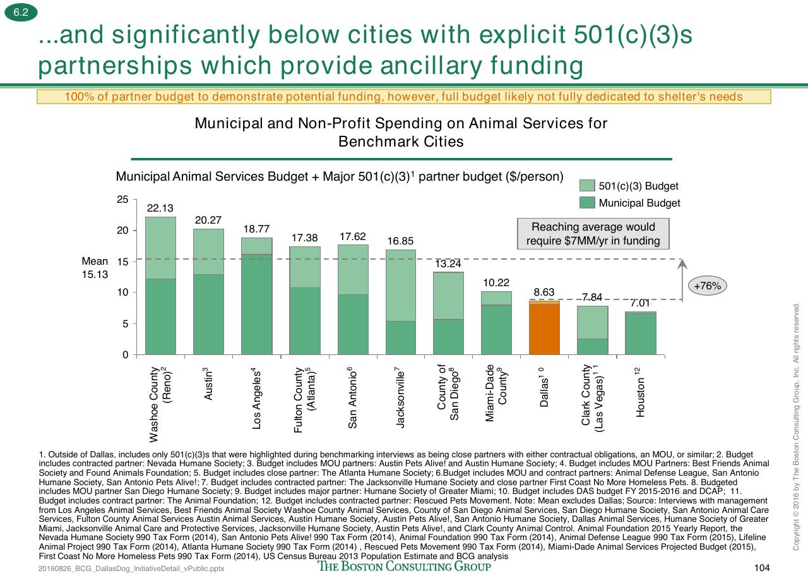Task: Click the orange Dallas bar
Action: coord(544,328)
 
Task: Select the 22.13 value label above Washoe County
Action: coord(160,208)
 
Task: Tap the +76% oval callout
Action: coord(708,286)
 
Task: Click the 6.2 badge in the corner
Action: coord(21,12)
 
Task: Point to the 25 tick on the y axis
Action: coord(122,199)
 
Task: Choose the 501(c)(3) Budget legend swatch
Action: coord(587,186)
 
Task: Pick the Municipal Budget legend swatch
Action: coord(587,203)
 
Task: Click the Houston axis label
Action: coord(640,392)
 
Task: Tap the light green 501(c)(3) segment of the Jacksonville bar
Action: coord(401,285)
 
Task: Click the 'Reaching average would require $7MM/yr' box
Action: coord(593,234)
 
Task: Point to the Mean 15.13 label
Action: coord(95,267)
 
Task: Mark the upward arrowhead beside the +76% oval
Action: coord(682,264)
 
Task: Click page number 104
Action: coord(762,568)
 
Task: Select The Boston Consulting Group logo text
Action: coord(404,566)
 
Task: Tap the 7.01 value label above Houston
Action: coord(640,303)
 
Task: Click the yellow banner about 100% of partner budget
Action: coord(403,97)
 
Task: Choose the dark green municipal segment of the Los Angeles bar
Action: coord(256,304)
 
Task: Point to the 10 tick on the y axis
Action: coord(122,292)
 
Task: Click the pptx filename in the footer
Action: coord(131,569)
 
